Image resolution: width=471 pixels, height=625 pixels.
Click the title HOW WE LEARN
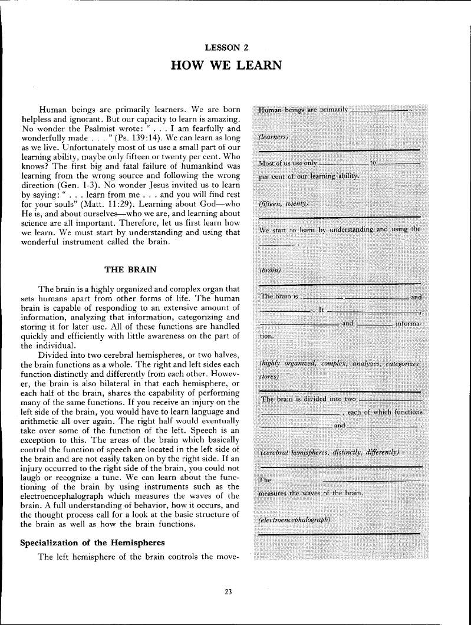coord(235,64)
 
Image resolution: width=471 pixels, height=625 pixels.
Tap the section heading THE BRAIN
coord(130,269)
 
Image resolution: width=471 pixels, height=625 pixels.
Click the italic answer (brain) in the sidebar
coord(270,270)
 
